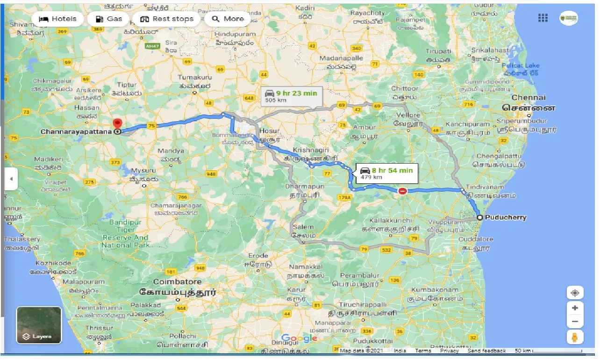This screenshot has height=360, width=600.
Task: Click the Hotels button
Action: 58,19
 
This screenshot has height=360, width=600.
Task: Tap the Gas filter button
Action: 108,19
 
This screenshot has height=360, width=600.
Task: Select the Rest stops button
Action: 167,19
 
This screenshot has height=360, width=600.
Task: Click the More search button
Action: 228,19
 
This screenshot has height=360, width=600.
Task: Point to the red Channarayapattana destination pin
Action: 117,124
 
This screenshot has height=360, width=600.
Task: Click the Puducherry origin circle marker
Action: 479,217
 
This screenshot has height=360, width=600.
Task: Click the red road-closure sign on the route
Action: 402,191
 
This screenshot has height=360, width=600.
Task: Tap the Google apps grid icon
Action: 543,18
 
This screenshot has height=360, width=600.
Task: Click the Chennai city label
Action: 529,98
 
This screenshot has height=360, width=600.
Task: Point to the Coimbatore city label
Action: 177,282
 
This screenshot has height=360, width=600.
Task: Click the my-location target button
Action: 575,293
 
